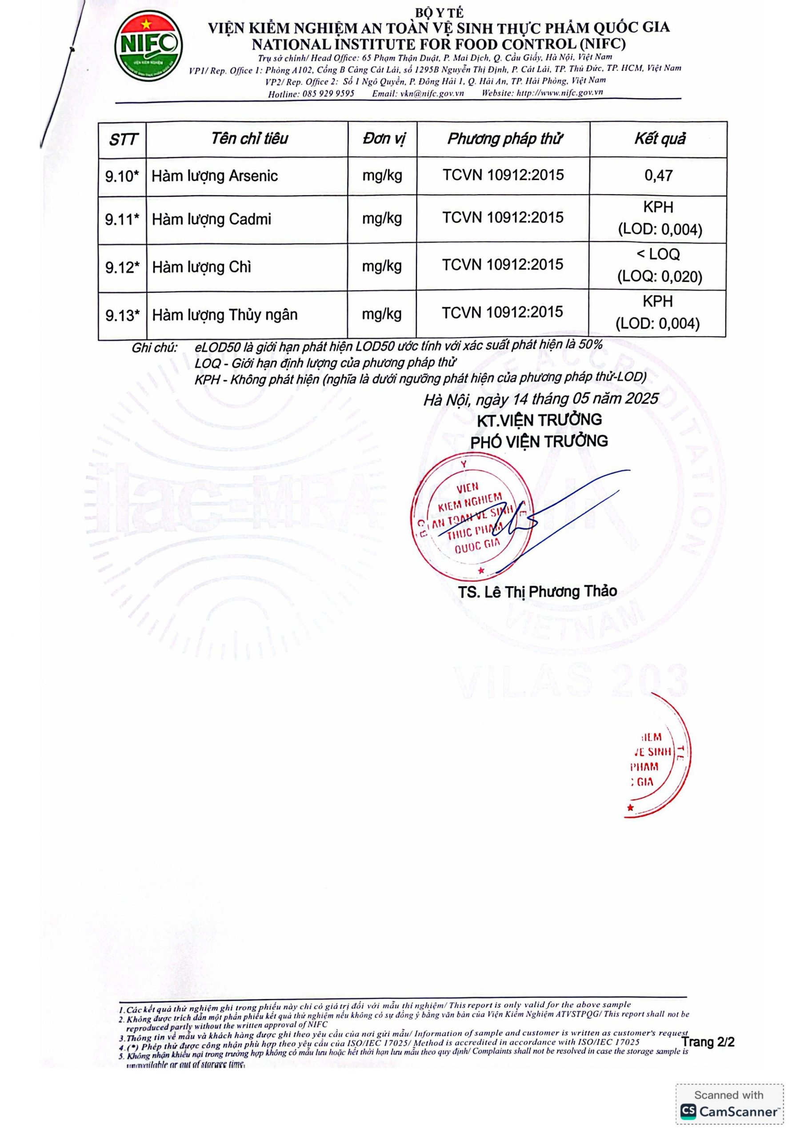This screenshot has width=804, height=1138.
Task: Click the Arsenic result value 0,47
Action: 658,176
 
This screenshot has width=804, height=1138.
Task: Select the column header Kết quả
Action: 659,139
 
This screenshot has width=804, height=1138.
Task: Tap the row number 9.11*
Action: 122,219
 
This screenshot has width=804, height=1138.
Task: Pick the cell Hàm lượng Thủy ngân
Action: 224,315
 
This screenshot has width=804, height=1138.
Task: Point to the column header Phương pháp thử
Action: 504,139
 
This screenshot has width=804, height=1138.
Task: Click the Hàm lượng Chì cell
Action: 201,267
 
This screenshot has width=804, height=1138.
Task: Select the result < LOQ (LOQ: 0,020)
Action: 659,266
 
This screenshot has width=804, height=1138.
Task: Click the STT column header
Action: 122,140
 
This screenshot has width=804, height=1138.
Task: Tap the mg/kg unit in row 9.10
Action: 382,176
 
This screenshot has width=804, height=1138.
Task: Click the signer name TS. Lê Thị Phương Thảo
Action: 537,591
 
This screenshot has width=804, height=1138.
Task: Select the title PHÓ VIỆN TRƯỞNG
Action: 539,441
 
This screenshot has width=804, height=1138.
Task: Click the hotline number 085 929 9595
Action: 326,94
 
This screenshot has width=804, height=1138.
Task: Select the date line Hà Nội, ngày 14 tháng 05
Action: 541,399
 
